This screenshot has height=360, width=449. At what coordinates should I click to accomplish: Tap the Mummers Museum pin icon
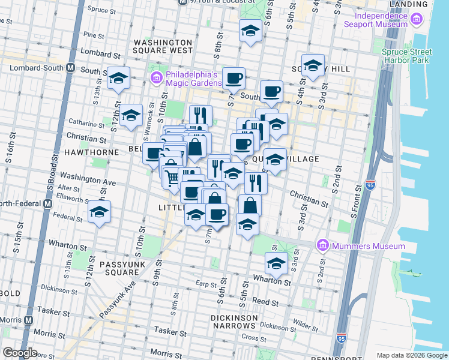click(x=322, y=246)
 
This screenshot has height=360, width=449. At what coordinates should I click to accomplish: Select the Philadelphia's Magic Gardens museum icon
click(x=156, y=78)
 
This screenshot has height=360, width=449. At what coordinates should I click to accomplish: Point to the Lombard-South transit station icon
click(x=70, y=67)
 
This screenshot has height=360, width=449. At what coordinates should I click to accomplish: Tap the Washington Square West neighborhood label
click(x=163, y=47)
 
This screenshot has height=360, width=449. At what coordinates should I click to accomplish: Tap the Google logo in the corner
click(x=20, y=353)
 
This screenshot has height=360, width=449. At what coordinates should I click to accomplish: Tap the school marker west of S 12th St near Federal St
click(x=100, y=212)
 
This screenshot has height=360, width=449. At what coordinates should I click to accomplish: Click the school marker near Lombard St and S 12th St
click(x=118, y=79)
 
